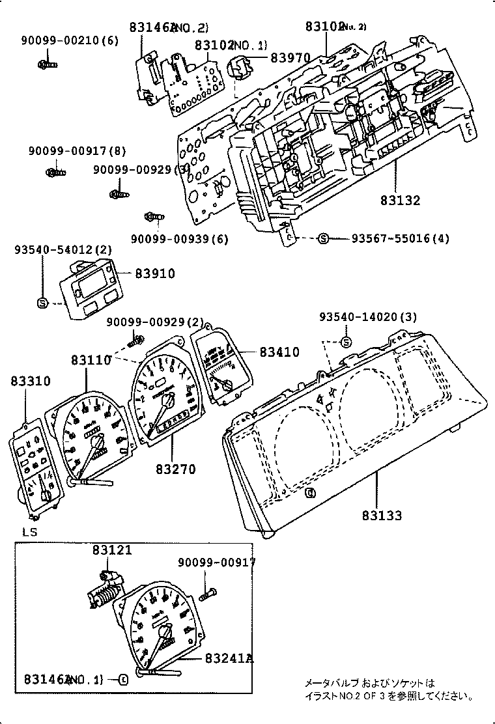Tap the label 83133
382,516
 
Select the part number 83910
155,273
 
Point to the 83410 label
279,352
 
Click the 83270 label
175,469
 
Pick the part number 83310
29,381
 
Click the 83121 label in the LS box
112,550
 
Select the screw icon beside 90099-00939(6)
153,216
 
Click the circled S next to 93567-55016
323,239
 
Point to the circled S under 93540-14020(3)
346,342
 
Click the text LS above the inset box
29,532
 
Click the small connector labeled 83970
242,66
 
